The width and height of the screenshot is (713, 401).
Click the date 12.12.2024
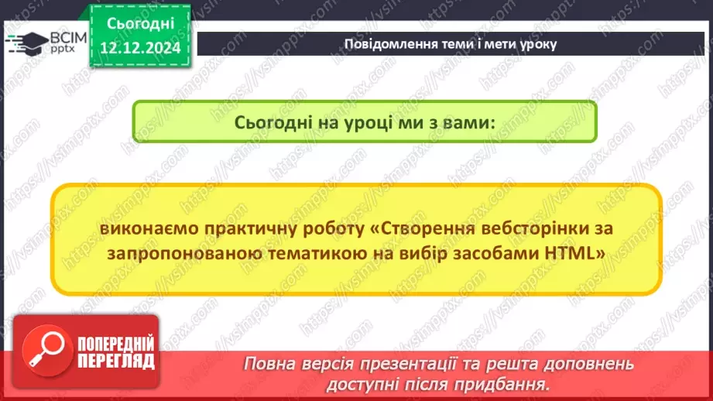click(139, 47)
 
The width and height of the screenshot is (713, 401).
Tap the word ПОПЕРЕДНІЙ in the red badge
click(116, 344)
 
